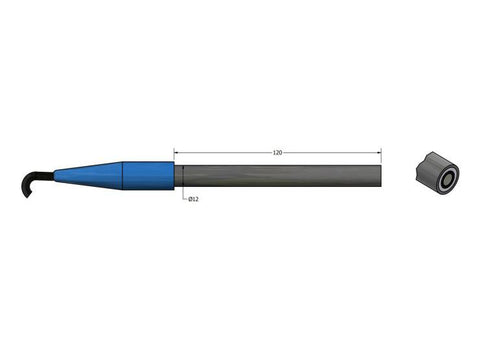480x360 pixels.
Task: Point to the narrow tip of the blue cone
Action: point(58,176)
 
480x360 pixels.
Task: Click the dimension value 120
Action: point(278,153)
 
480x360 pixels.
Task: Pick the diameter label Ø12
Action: point(193,199)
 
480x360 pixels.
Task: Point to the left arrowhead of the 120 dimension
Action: point(178,153)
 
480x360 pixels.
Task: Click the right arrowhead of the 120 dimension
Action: point(380,153)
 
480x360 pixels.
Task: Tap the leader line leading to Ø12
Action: point(184,190)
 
